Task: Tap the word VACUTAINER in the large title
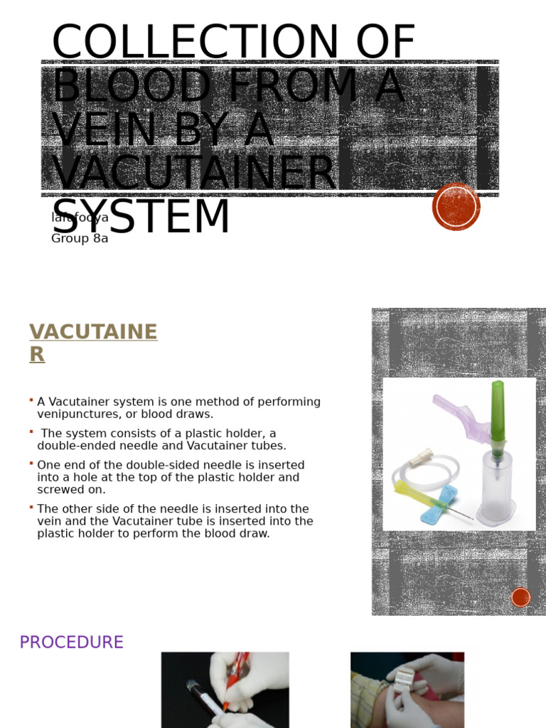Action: point(193,173)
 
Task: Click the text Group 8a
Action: point(80,239)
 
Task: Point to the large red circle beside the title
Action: point(456,207)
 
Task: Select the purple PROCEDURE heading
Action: point(71,643)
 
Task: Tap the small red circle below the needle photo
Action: point(521,597)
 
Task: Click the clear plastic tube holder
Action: point(496,487)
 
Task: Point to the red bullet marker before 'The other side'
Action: point(32,507)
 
